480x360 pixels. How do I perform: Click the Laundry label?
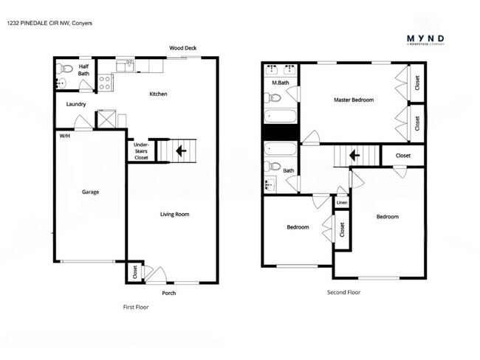(x=76, y=104)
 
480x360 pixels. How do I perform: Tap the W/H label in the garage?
(x=65, y=135)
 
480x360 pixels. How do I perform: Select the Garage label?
(x=90, y=192)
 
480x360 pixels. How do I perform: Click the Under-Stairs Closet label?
(x=141, y=151)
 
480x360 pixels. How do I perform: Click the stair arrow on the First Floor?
(x=180, y=152)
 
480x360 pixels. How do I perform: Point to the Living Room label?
(x=175, y=215)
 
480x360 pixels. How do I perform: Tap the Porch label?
(x=168, y=293)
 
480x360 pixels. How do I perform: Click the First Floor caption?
(x=135, y=307)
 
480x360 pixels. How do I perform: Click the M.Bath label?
(x=279, y=83)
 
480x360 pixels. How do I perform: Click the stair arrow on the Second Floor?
(x=354, y=156)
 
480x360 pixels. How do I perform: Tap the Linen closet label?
(x=342, y=201)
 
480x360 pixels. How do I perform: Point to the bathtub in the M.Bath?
(x=281, y=116)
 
